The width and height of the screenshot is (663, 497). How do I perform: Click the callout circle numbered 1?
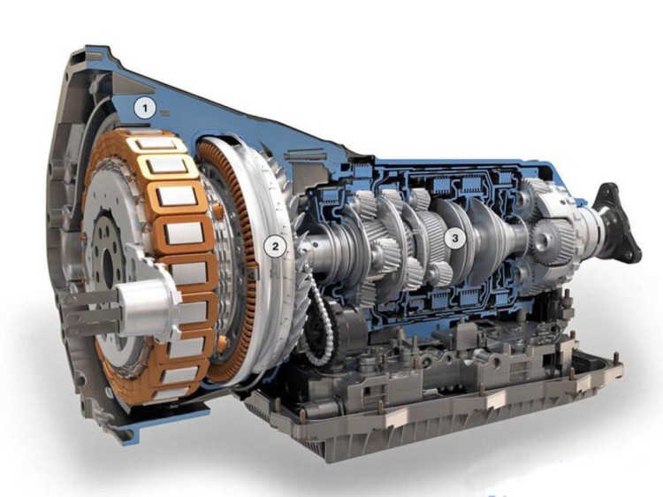[145, 109]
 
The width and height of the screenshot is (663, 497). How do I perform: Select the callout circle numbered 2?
[275, 246]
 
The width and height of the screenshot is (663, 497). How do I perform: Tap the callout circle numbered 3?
[455, 238]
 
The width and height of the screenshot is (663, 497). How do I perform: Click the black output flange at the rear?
[619, 224]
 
